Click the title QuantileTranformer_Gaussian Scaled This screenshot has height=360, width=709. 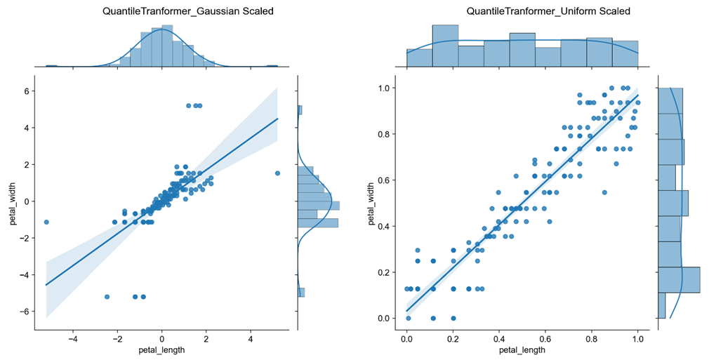(x=188, y=11)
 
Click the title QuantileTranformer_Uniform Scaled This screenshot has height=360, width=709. (x=548, y=11)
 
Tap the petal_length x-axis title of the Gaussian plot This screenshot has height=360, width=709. (x=162, y=349)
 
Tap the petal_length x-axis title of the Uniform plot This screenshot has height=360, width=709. (x=522, y=349)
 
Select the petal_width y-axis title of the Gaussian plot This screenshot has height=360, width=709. (x=13, y=204)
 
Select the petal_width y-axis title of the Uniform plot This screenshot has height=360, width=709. (x=371, y=204)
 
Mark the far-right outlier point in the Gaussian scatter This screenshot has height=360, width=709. (x=277, y=173)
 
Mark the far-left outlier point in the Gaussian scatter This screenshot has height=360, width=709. (x=46, y=222)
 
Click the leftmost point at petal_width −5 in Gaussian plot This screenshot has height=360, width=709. (x=107, y=297)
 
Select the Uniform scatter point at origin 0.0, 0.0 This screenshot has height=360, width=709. (x=409, y=319)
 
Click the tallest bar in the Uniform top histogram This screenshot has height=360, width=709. (x=445, y=45)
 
